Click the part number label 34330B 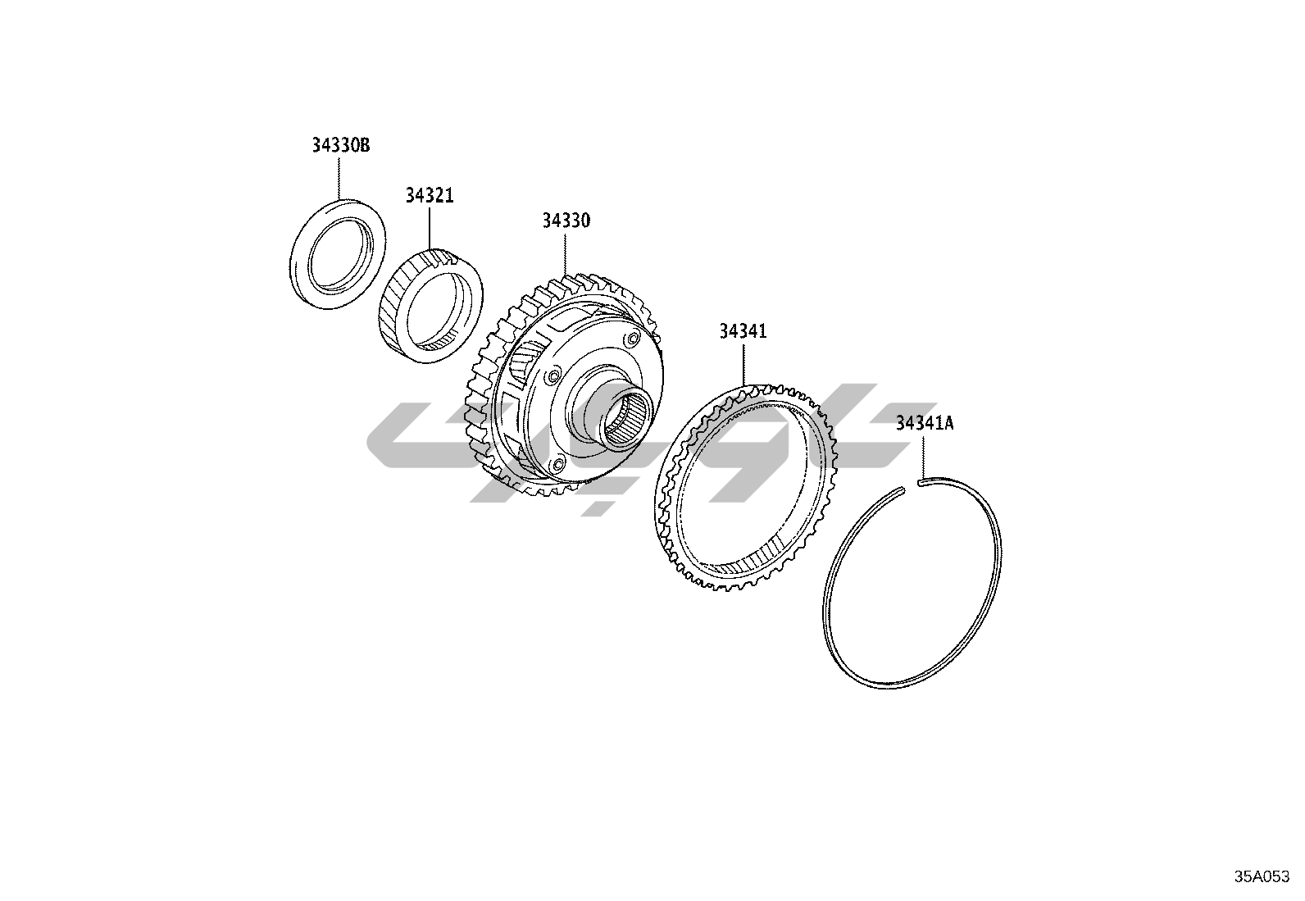point(341,144)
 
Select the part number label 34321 point(430,195)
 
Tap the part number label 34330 point(566,221)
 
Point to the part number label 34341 point(743,331)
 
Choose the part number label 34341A point(925,423)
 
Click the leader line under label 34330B point(339,177)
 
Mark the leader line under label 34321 point(430,227)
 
